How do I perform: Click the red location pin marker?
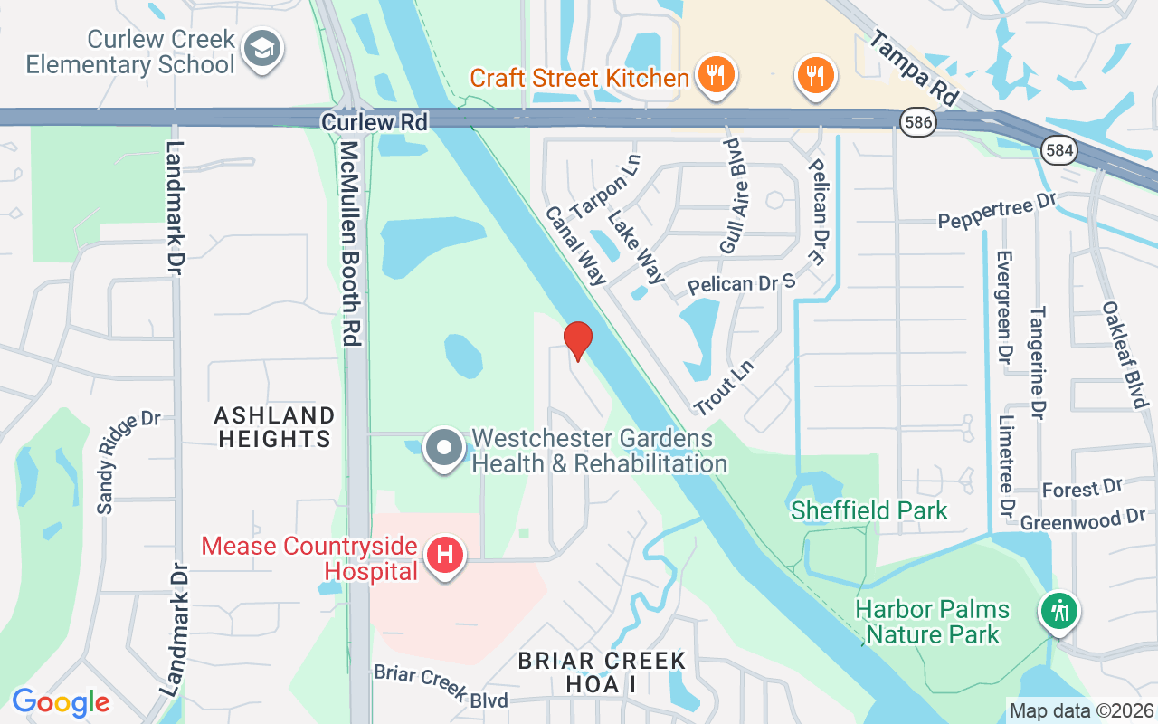pos(578,340)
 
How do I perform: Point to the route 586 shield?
pos(916,120)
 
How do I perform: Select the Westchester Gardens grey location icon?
pos(444,449)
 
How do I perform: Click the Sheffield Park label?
pos(868,510)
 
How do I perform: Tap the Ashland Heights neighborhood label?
pos(274,427)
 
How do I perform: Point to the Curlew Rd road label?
pos(374,121)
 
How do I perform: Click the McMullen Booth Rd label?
pos(350,243)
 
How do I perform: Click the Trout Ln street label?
pos(723,388)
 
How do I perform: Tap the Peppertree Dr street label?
pos(996,214)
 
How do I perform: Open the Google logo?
pos(61,702)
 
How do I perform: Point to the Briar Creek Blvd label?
pos(441,686)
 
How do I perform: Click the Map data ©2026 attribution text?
pos(1080,710)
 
